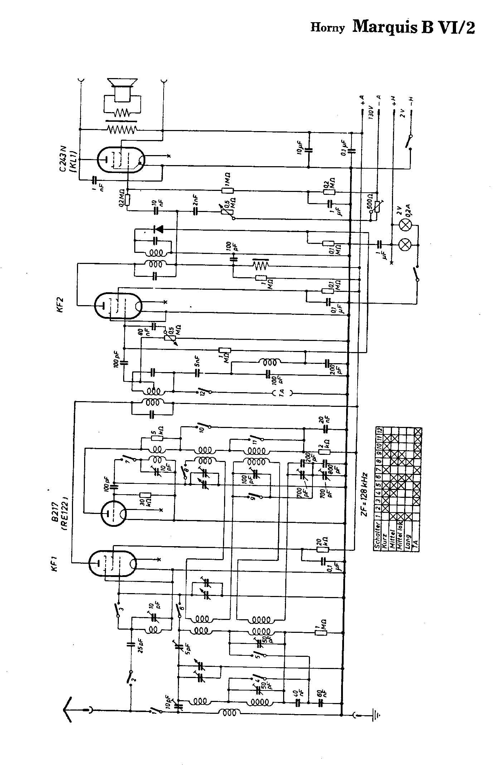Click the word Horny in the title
tap(327, 28)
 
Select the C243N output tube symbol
tap(121, 160)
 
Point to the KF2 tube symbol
tap(118, 305)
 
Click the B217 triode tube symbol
tap(113, 513)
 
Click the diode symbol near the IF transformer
tap(158, 229)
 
